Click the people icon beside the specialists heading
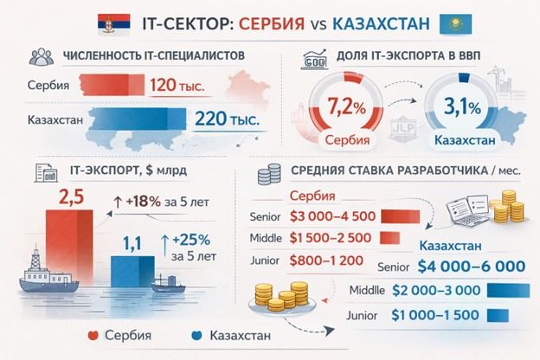tap(38, 57)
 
